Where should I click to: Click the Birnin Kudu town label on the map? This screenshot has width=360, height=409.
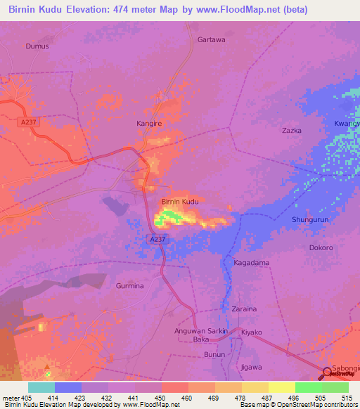[180, 202]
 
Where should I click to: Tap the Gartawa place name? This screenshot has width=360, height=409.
[211, 40]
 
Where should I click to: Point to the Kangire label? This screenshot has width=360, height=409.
[148, 124]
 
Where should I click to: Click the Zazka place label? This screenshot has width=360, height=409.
[291, 131]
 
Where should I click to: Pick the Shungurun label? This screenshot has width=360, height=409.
[310, 220]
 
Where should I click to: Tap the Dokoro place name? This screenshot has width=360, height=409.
[321, 247]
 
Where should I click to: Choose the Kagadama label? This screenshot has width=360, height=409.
[251, 263]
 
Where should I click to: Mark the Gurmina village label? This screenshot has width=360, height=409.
[129, 286]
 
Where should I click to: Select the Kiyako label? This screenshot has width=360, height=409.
[251, 332]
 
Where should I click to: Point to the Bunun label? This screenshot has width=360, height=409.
[214, 354]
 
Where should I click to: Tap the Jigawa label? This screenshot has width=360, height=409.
[251, 367]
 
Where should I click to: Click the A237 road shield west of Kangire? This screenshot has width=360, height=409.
[27, 122]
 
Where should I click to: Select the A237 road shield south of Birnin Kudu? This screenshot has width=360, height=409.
[157, 240]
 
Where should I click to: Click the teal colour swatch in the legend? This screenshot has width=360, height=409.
[41, 387]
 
